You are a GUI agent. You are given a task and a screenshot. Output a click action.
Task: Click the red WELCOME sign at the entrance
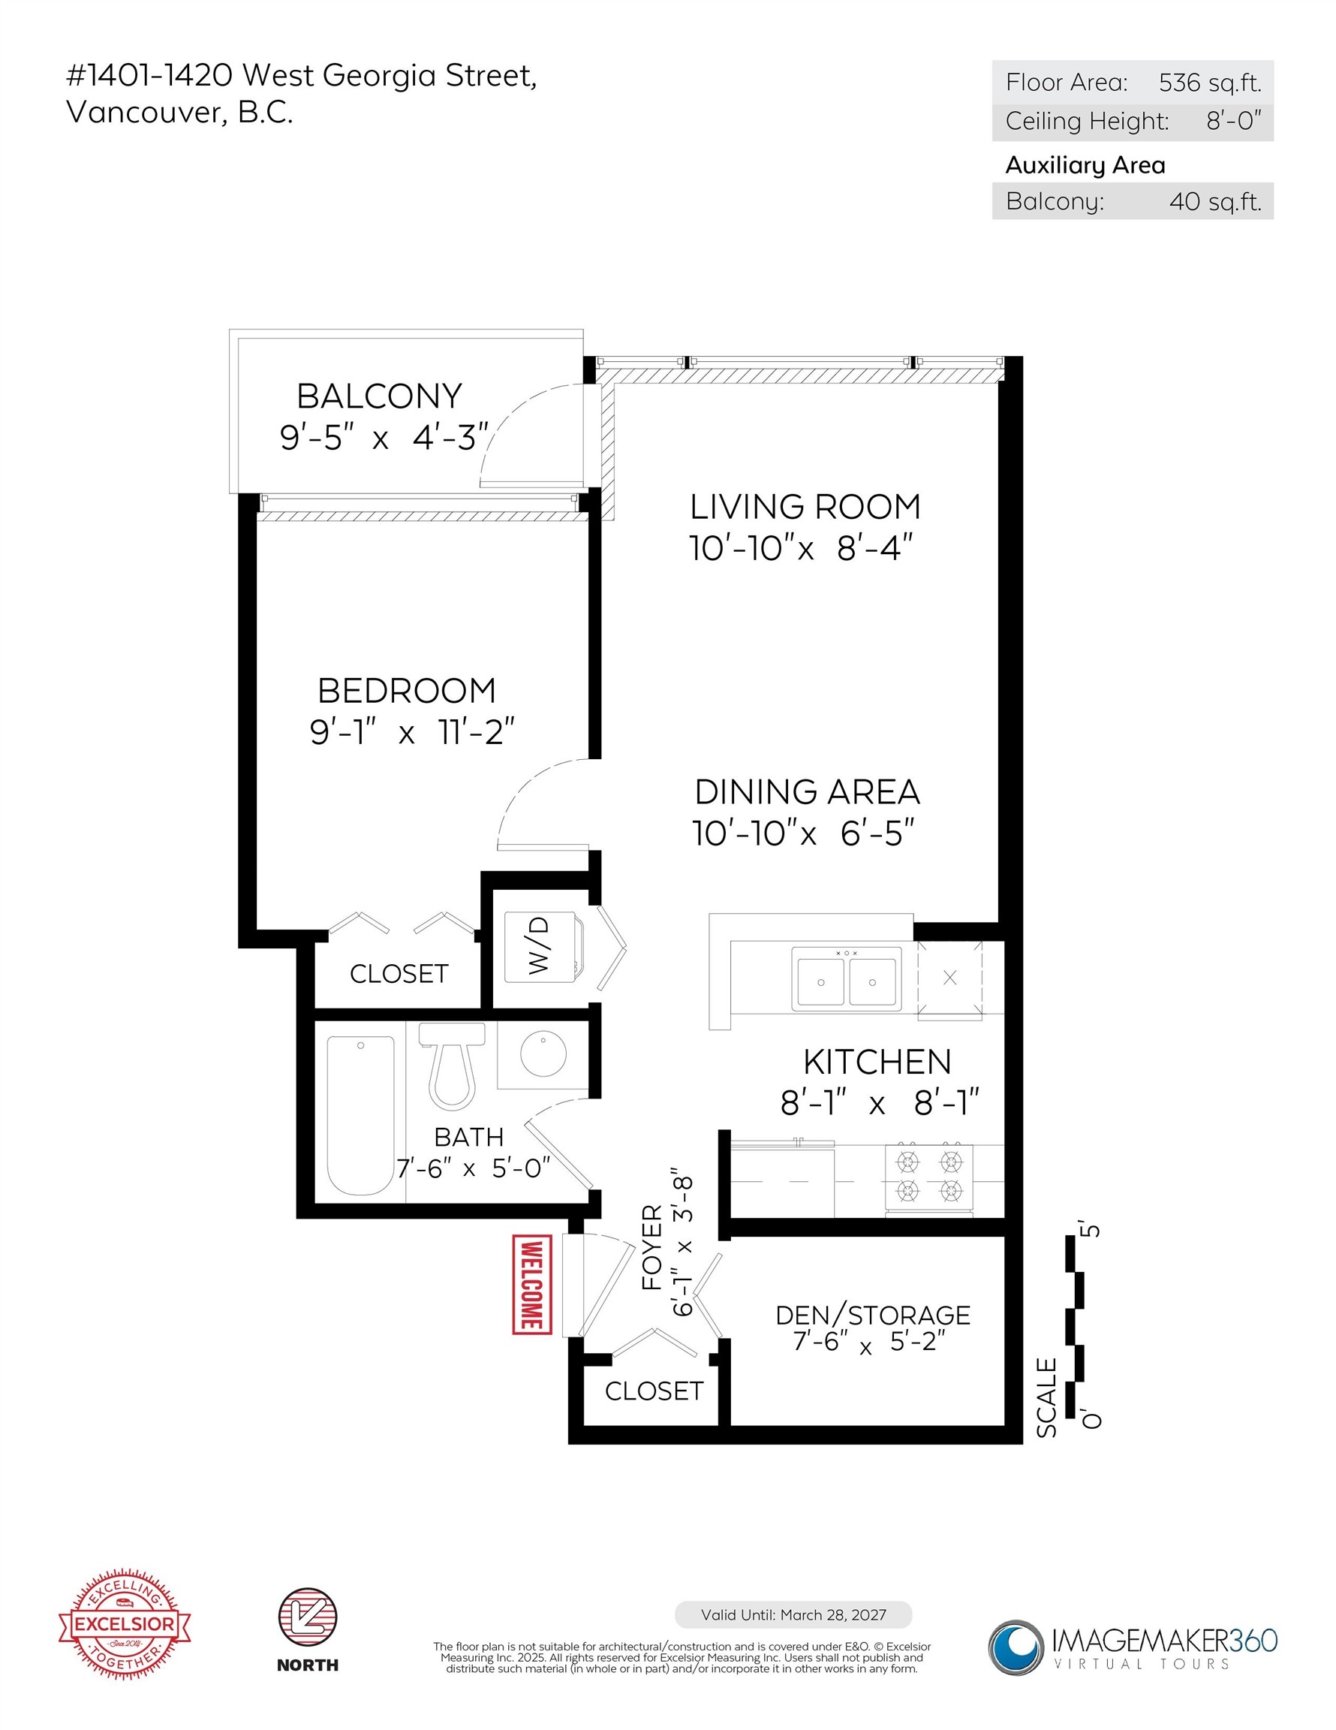point(531,1284)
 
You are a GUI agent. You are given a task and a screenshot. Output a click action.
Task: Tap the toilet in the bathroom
point(451,1065)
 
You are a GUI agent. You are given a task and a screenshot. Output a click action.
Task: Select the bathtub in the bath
point(360,1115)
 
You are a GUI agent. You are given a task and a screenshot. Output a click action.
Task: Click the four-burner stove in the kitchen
point(929,1178)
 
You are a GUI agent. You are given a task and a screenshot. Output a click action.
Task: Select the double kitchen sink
point(846,979)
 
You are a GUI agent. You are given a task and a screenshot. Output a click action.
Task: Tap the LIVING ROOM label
point(805,507)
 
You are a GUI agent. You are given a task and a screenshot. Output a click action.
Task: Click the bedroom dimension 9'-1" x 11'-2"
point(412,732)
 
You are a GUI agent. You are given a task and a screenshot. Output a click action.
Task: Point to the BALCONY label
point(379,396)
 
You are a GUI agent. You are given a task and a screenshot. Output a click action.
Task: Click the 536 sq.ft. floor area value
point(1210,83)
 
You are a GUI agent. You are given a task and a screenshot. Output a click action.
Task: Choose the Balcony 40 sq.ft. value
point(1215,201)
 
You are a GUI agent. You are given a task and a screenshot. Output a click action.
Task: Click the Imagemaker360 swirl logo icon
point(1016,1647)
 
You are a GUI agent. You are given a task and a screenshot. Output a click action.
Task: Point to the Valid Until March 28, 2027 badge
point(793,1614)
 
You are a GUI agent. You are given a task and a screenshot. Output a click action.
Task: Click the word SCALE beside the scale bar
point(1046,1397)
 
